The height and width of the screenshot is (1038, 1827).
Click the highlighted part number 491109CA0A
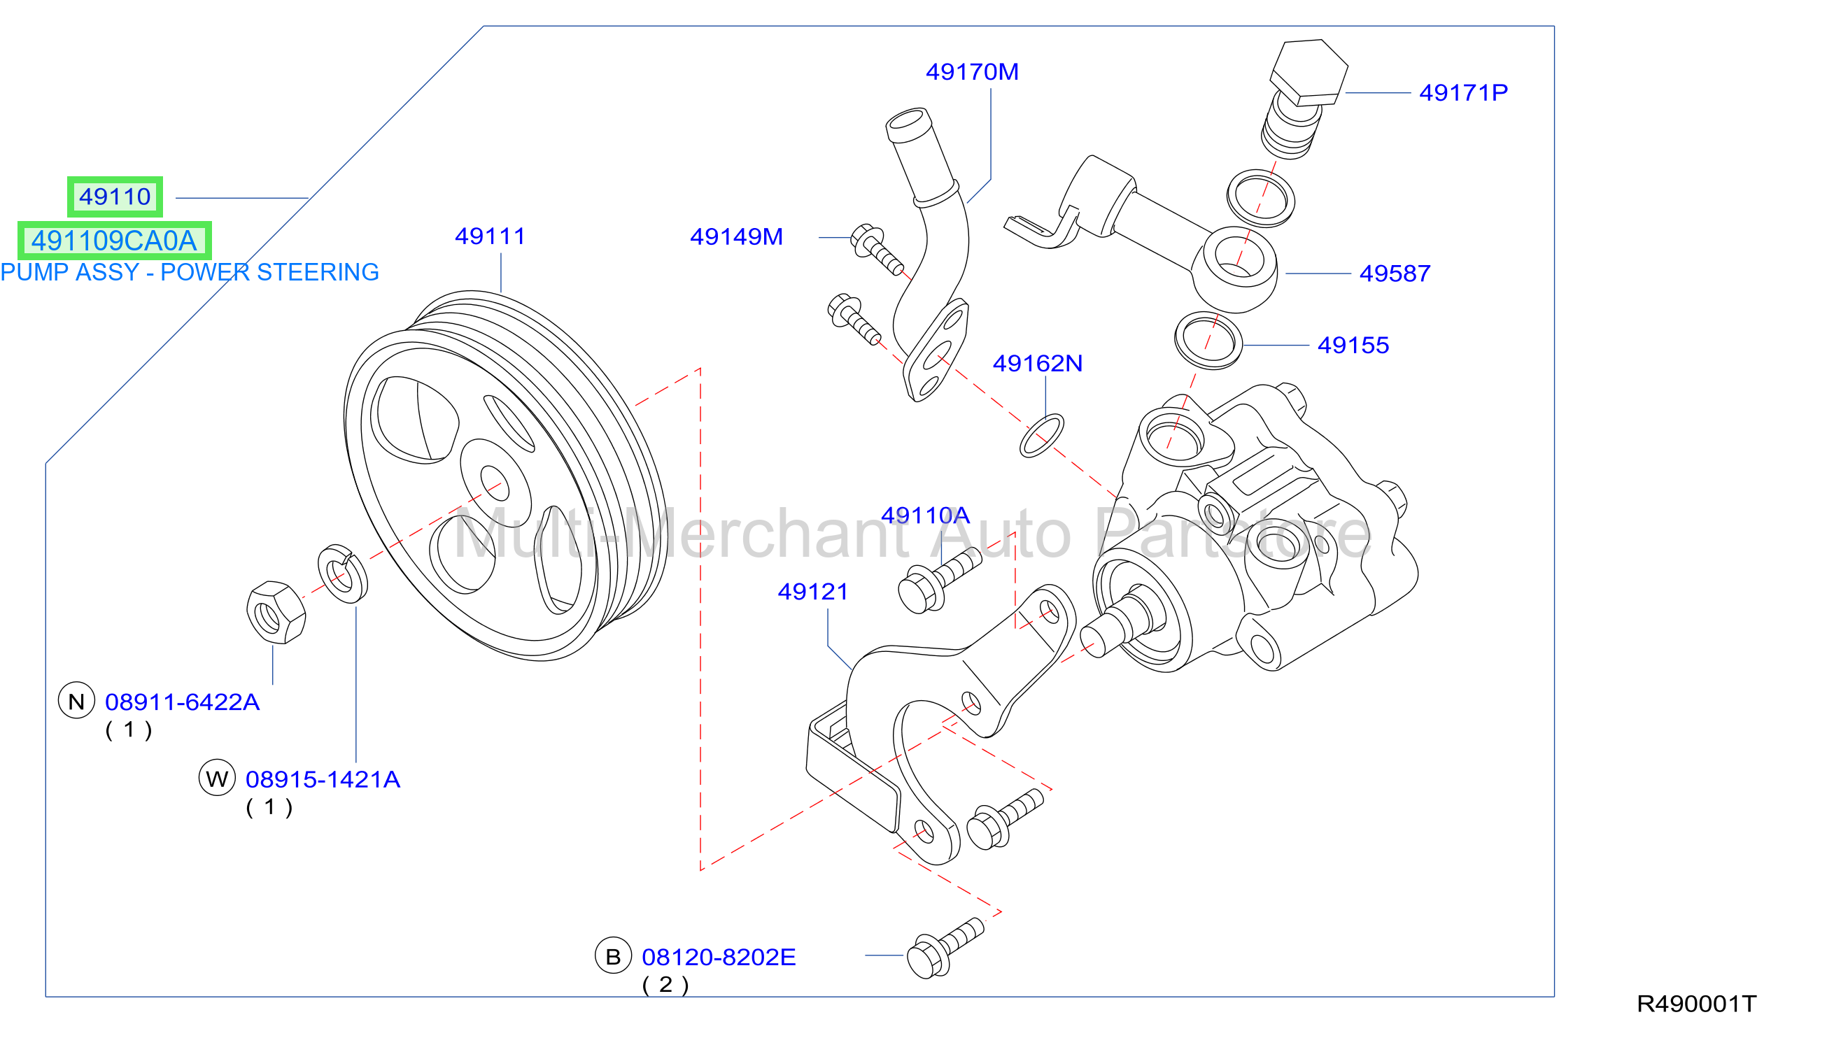click(x=114, y=241)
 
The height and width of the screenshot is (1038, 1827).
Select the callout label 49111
click(x=490, y=236)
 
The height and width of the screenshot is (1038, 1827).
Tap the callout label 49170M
click(x=972, y=72)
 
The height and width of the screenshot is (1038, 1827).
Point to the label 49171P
click(x=1463, y=92)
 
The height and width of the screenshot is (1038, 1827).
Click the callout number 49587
click(x=1395, y=273)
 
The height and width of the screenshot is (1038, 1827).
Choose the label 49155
click(x=1353, y=345)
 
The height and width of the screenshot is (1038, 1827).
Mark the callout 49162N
click(x=1038, y=364)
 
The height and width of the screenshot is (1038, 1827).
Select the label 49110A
click(x=926, y=515)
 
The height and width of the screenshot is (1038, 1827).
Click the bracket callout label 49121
click(x=813, y=592)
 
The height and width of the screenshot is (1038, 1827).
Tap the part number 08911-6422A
click(x=183, y=702)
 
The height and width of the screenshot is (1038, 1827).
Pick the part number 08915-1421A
click(x=323, y=779)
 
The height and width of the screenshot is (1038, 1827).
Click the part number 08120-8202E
click(x=719, y=958)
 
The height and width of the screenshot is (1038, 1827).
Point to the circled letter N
click(x=76, y=702)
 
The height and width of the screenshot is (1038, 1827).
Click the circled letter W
click(x=218, y=778)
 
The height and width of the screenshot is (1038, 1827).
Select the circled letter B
click(x=613, y=956)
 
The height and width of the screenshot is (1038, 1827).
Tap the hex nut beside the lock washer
click(x=276, y=613)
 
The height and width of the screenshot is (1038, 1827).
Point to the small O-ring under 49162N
click(x=1041, y=436)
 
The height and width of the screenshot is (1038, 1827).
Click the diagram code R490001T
click(x=1696, y=1004)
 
